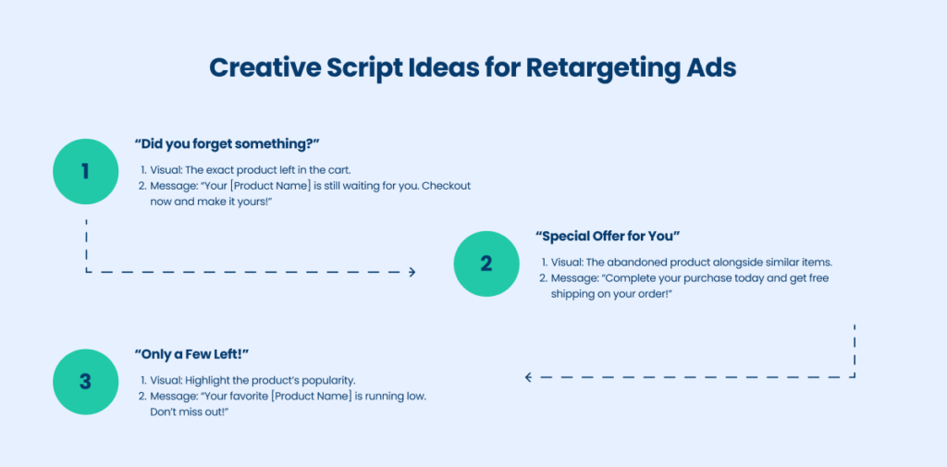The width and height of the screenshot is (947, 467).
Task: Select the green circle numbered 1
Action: pyautogui.click(x=86, y=172)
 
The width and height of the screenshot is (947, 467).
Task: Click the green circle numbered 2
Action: pyautogui.click(x=486, y=264)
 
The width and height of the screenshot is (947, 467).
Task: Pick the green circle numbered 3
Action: pyautogui.click(x=86, y=382)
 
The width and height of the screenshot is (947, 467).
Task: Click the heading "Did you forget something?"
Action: pyautogui.click(x=227, y=145)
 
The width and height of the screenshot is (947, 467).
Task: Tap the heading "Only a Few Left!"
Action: pyautogui.click(x=191, y=354)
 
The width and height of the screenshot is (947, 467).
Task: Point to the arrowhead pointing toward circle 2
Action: pyautogui.click(x=412, y=272)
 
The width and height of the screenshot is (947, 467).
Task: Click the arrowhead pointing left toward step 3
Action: pyautogui.click(x=528, y=377)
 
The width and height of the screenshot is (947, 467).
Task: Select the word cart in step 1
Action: pyautogui.click(x=339, y=170)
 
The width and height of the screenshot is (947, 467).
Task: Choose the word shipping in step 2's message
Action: pyautogui.click(x=570, y=294)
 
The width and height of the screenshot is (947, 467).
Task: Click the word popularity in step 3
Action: pyautogui.click(x=332, y=381)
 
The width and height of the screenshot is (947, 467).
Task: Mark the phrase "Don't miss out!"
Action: pyautogui.click(x=191, y=412)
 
